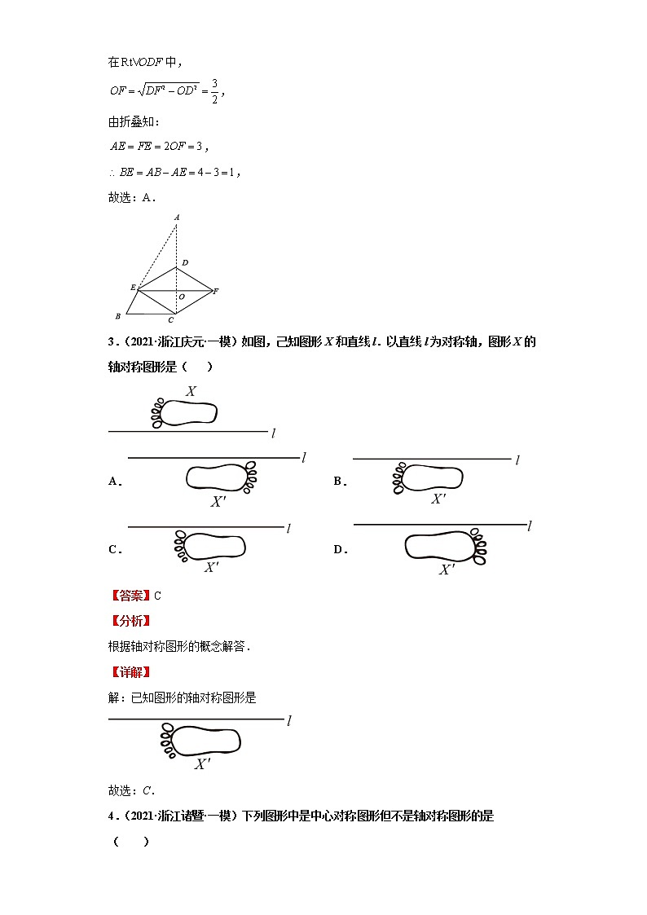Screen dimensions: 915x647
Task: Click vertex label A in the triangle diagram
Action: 176,218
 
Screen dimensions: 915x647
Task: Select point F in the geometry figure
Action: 216,291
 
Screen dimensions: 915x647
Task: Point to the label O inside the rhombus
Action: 181,297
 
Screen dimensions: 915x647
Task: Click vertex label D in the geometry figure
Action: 184,262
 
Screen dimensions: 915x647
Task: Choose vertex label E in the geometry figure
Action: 132,288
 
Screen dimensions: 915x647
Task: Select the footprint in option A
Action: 221,477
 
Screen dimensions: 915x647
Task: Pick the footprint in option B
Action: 429,477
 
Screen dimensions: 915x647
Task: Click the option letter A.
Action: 114,482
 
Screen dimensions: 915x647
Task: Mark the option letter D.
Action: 340,550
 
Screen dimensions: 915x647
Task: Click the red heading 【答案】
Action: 130,596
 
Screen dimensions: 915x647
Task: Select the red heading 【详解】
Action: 130,672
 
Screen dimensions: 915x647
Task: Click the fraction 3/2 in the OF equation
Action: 214,90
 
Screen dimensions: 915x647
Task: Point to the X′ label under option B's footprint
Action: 438,499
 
